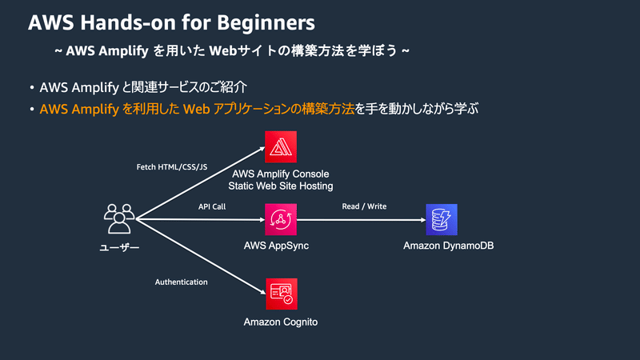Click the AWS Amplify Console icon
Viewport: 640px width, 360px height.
(x=281, y=146)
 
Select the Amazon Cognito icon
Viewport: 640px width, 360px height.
(x=281, y=294)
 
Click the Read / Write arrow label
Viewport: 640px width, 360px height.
(x=364, y=206)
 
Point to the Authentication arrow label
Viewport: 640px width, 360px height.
(x=181, y=282)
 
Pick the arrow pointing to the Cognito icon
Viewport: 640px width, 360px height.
(x=200, y=256)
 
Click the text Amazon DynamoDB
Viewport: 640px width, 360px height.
(x=448, y=245)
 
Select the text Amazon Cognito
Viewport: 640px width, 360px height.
(x=281, y=322)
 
